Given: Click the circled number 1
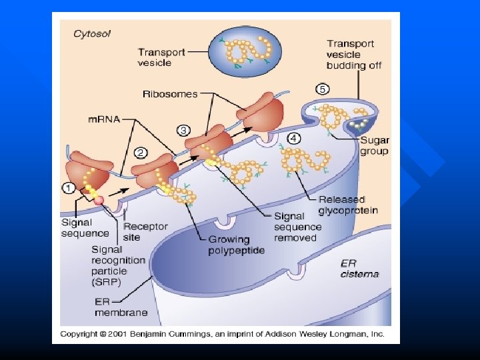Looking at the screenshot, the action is [69, 188].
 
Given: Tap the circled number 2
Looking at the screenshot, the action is [141, 153].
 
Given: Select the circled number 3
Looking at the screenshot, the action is [183, 129].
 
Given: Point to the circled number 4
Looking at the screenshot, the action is [293, 139].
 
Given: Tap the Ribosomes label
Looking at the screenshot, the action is [170, 94].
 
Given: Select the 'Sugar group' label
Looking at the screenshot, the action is [374, 146].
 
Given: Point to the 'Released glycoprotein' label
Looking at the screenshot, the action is [347, 205].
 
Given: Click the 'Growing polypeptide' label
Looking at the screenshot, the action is [228, 245].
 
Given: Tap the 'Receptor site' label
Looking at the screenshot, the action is [146, 232].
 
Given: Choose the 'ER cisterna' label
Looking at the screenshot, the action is [359, 268].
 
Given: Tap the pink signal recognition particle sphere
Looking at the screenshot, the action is [99, 200].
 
